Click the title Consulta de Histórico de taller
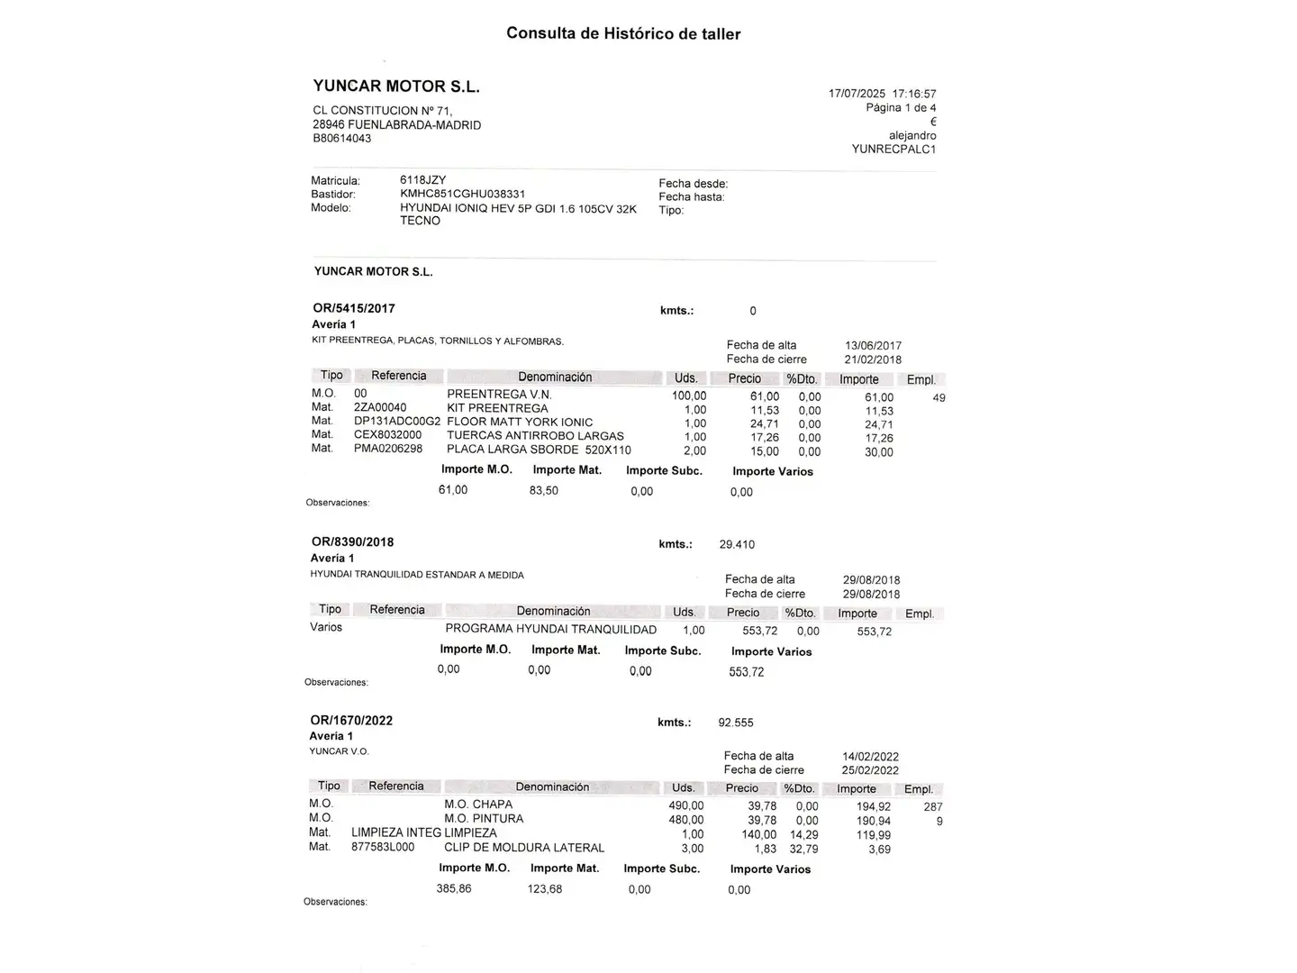[623, 34]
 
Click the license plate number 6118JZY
[423, 180]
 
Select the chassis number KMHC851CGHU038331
[463, 194]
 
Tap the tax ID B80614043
[342, 139]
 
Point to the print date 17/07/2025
[857, 94]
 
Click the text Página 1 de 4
[901, 108]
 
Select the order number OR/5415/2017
[354, 308]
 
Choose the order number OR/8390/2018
[353, 542]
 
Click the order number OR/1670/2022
[351, 721]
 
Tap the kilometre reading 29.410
[737, 545]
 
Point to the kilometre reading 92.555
[736, 723]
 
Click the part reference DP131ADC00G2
[397, 422]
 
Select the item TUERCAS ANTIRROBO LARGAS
[535, 436]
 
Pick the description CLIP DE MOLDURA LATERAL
[524, 848]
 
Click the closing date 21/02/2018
[873, 359]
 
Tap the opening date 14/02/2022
[871, 757]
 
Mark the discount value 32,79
[803, 849]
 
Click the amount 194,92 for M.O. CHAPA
[874, 807]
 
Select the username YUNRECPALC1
[893, 150]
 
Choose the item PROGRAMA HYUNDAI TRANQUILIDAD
[551, 630]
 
